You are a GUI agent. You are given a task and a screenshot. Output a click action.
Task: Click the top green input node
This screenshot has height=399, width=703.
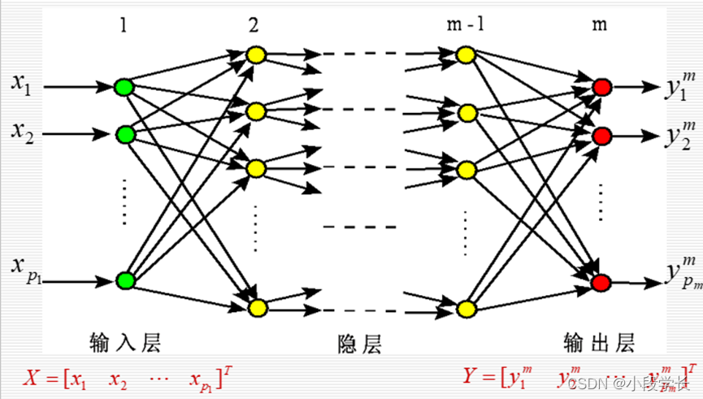124,86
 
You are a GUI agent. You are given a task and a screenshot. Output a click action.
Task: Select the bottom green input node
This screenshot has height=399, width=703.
124,281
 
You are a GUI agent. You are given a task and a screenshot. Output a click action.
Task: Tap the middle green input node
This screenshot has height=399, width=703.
124,132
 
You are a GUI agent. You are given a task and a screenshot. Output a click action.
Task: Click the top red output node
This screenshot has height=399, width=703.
601,86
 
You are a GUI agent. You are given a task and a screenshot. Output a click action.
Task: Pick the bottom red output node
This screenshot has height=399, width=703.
601,282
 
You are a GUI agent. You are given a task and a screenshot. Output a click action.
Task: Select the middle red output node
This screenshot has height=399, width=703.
601,134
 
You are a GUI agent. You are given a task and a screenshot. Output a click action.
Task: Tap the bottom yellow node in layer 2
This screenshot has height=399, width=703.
257,306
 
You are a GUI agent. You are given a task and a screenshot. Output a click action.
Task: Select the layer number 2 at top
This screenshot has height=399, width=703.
254,24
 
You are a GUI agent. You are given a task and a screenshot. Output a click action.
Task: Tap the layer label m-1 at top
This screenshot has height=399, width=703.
465,24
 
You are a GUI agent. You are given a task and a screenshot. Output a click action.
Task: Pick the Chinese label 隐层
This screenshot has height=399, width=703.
358,344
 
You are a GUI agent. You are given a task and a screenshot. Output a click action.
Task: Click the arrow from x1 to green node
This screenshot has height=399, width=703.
77,85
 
